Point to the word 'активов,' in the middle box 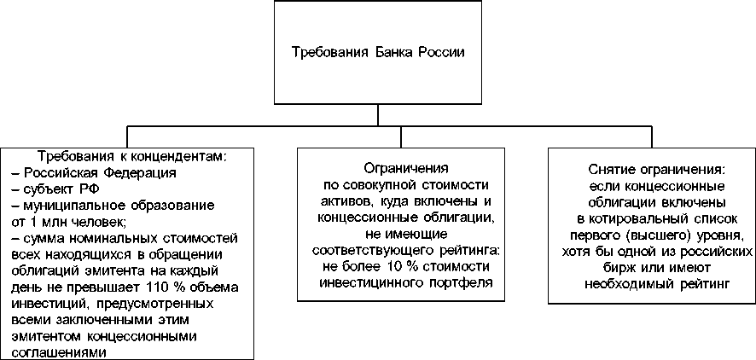(342, 201)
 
